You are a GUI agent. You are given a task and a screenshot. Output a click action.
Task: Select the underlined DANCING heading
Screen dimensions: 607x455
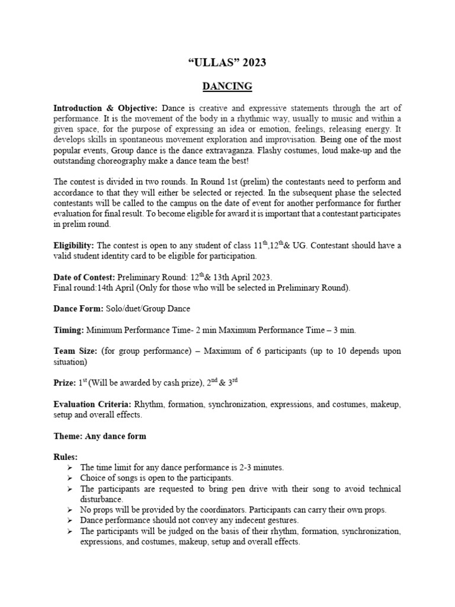click(227, 87)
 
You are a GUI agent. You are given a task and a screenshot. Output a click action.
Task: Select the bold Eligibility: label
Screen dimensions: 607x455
click(74, 245)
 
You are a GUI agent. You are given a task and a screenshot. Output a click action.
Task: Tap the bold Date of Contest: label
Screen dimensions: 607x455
click(85, 277)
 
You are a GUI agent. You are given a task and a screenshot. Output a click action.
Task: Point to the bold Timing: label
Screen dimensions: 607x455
click(69, 330)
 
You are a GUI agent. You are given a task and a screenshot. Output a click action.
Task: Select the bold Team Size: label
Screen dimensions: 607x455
click(75, 352)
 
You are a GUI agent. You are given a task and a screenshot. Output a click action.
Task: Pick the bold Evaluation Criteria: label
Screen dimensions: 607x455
click(92, 405)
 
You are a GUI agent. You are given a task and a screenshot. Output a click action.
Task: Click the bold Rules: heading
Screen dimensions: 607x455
click(65, 458)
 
